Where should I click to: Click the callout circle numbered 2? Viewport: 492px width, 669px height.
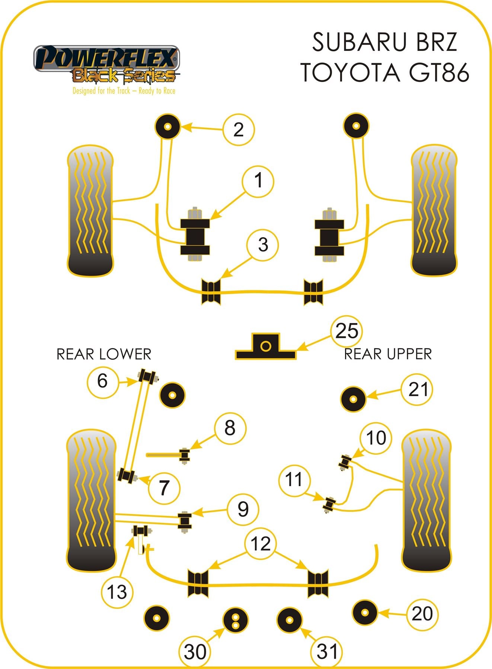[x=239, y=129]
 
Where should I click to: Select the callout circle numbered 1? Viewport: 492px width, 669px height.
[x=258, y=181]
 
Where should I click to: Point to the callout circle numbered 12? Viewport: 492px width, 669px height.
[x=261, y=543]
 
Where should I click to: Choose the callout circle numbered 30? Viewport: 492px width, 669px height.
[x=195, y=651]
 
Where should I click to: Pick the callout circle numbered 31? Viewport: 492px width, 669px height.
[x=327, y=651]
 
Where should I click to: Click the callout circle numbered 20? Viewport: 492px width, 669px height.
[x=422, y=614]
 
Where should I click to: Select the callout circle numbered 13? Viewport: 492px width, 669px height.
[x=116, y=591]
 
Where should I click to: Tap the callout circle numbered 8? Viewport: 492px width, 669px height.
[x=230, y=428]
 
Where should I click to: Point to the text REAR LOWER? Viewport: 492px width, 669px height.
[x=104, y=354]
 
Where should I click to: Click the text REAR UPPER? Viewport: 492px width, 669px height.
[x=388, y=354]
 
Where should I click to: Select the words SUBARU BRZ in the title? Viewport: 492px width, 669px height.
[x=384, y=42]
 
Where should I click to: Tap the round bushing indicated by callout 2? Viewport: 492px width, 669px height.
[x=167, y=126]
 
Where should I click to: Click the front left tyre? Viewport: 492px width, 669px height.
[x=90, y=211]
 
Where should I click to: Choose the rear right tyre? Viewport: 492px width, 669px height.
[x=426, y=501]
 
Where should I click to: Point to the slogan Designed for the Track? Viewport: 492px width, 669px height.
[x=124, y=91]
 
